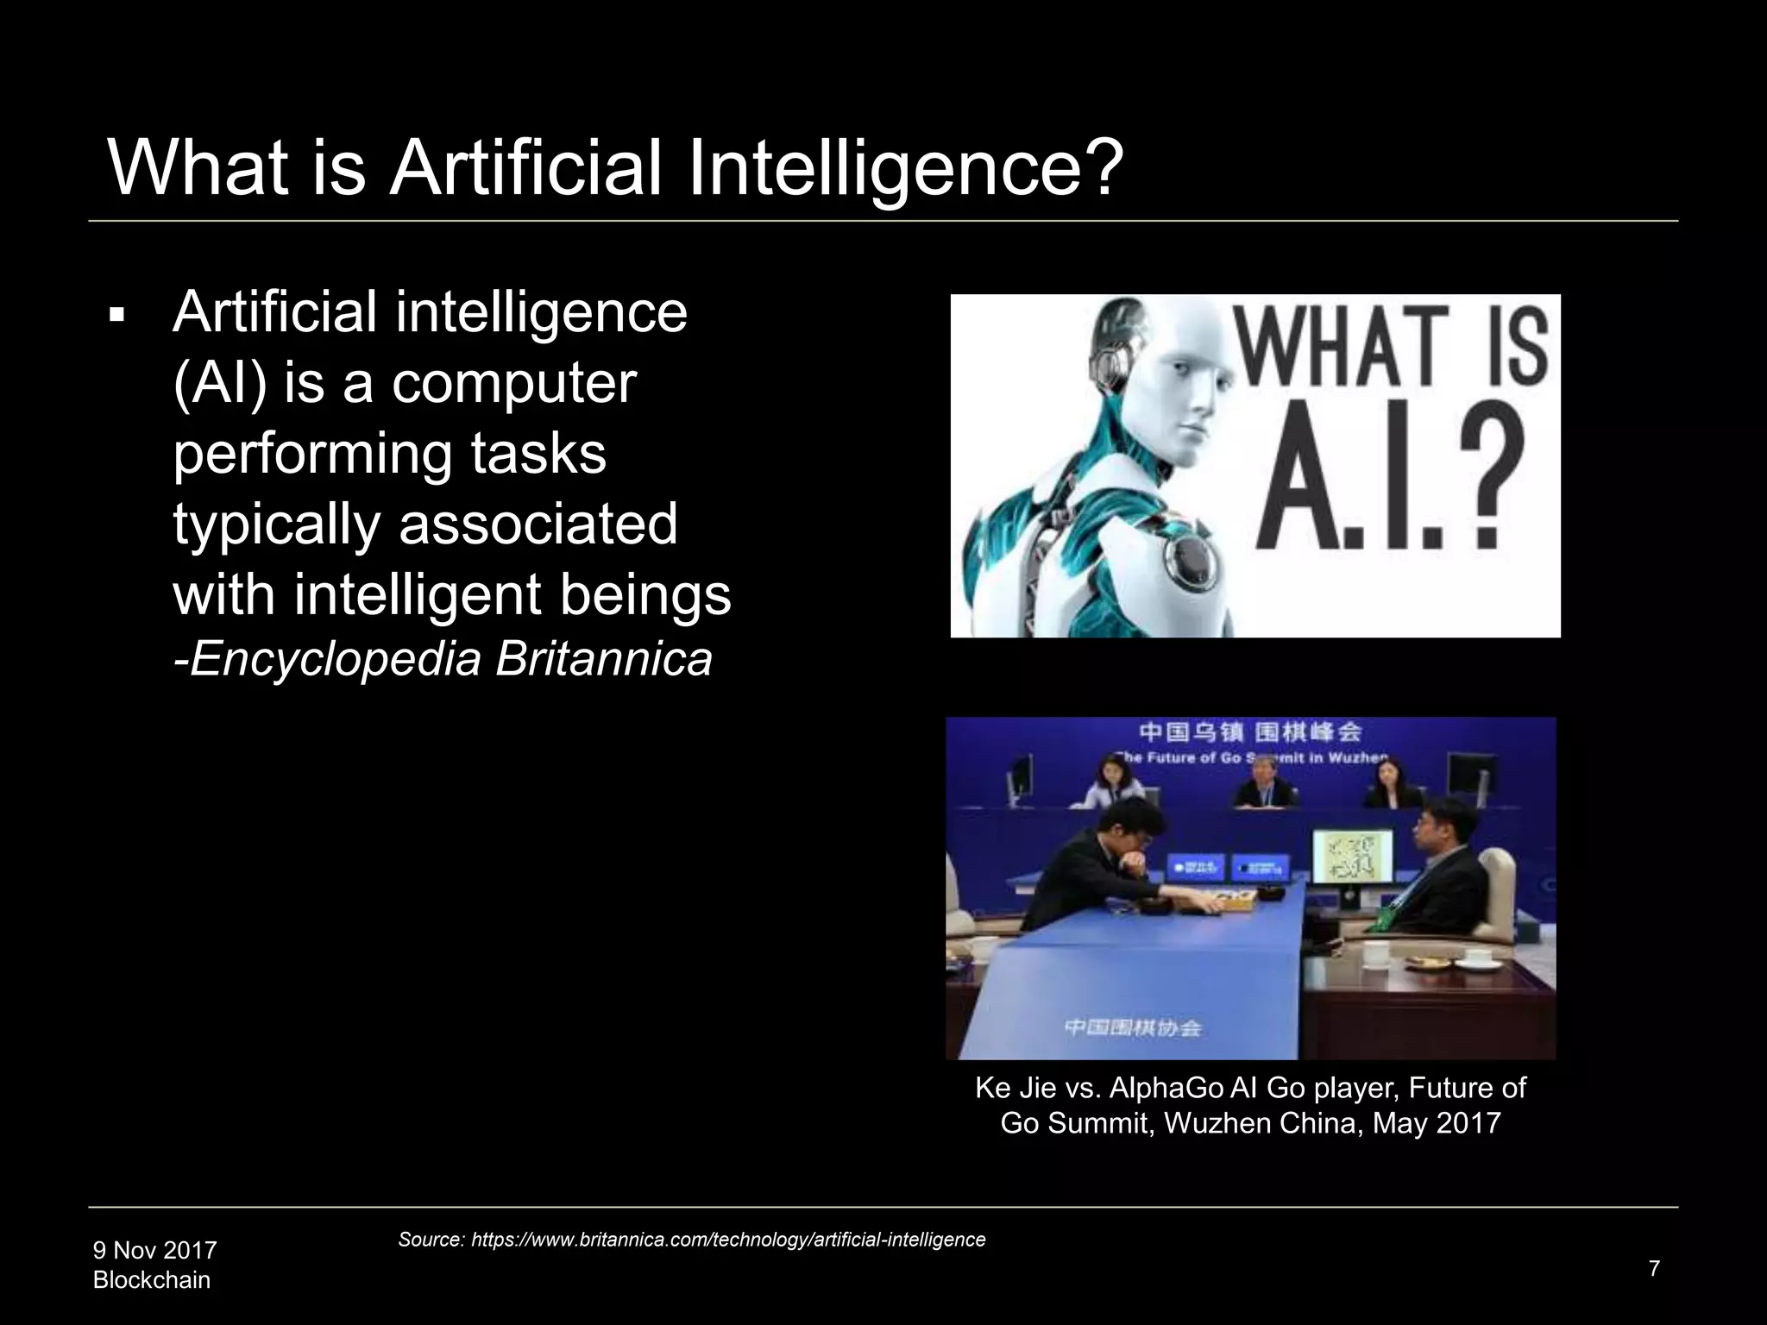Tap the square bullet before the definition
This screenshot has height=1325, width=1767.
(116, 314)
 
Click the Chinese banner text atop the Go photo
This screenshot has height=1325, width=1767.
(1250, 732)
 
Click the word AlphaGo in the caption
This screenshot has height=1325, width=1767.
(1166, 1088)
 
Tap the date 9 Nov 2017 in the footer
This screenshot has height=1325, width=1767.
(154, 1250)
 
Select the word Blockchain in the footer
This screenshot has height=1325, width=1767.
(152, 1280)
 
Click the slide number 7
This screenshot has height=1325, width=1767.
(1654, 1268)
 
